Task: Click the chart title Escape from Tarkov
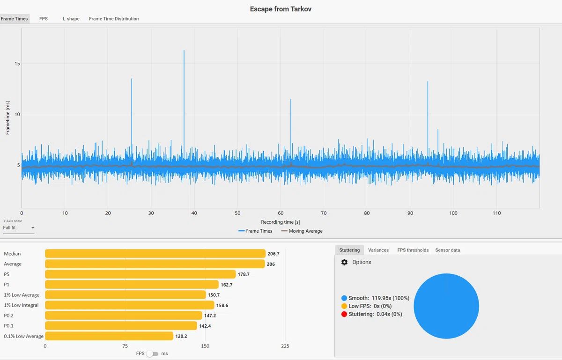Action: (281, 9)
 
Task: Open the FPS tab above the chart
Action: (44, 19)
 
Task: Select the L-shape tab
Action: (71, 19)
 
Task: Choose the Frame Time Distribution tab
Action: (114, 19)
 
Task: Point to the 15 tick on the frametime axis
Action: (17, 64)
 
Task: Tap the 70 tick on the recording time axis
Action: (324, 213)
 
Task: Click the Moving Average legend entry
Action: (302, 231)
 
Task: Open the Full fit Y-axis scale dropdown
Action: (19, 228)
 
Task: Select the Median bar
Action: (155, 253)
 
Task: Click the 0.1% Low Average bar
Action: (109, 336)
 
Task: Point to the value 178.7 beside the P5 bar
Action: (244, 274)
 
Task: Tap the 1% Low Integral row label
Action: (21, 305)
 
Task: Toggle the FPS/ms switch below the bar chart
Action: (153, 354)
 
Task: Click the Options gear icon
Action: (344, 262)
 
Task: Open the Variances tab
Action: (378, 250)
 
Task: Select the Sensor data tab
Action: (448, 250)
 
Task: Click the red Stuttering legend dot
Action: (344, 314)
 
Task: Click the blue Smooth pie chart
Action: (446, 306)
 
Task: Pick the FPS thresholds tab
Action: (413, 250)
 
